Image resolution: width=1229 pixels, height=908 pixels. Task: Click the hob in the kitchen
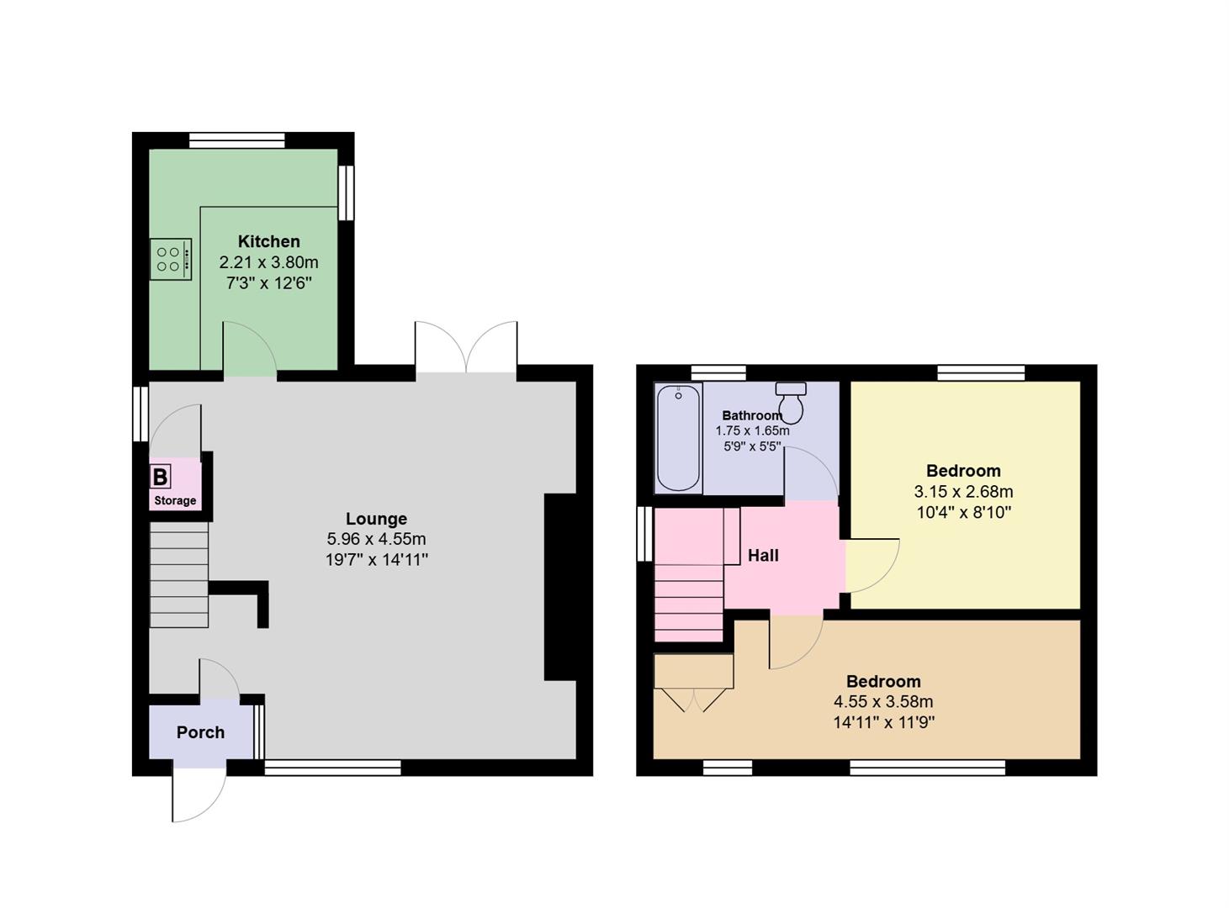pyautogui.click(x=171, y=259)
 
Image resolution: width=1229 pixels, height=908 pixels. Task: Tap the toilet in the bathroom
pyautogui.click(x=791, y=403)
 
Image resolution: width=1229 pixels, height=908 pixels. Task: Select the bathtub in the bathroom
pyautogui.click(x=678, y=437)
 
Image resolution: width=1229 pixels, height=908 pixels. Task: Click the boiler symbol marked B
pyautogui.click(x=160, y=477)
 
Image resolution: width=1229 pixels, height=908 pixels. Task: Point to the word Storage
pyautogui.click(x=175, y=500)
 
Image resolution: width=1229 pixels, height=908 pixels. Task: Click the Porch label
pyautogui.click(x=200, y=732)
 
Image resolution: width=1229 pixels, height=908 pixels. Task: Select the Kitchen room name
pyautogui.click(x=268, y=241)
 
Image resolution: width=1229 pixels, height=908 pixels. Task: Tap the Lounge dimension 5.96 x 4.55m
pyautogui.click(x=376, y=539)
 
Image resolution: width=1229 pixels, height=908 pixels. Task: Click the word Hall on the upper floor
pyautogui.click(x=763, y=555)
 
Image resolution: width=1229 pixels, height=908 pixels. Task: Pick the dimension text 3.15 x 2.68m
pyautogui.click(x=963, y=492)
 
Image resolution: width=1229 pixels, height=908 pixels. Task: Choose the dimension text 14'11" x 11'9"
pyautogui.click(x=883, y=722)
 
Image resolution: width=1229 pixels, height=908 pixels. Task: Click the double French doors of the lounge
pyautogui.click(x=466, y=348)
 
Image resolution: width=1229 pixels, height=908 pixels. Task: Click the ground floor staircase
pyautogui.click(x=178, y=574)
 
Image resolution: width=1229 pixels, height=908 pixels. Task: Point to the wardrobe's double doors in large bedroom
pyautogui.click(x=694, y=699)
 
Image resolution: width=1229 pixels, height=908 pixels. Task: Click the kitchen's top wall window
pyautogui.click(x=236, y=141)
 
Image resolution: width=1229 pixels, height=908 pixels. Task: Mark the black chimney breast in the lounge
pyautogui.click(x=559, y=587)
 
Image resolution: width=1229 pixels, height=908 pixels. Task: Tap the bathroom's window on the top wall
pyautogui.click(x=718, y=373)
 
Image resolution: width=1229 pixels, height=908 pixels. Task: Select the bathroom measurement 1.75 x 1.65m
pyautogui.click(x=752, y=431)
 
